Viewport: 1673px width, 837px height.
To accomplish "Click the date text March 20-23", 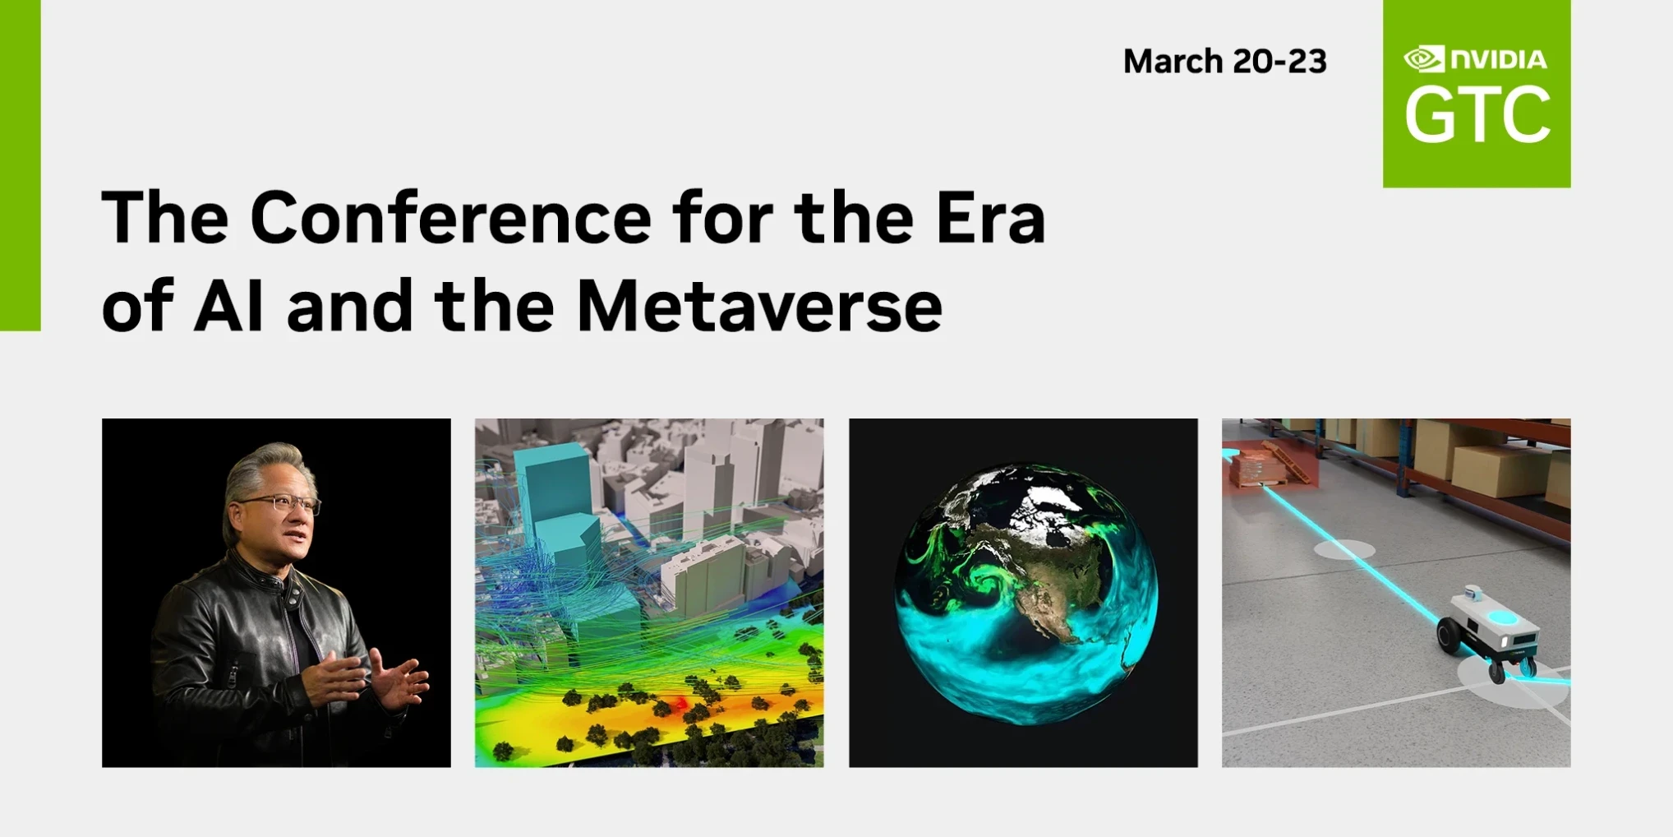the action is pos(1224,62).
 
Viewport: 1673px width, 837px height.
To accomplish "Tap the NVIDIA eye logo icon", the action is pos(1424,59).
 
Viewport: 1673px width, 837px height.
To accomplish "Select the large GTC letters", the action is pos(1477,115).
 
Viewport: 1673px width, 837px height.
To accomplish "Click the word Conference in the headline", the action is pos(450,217).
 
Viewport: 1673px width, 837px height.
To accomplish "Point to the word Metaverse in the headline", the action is pos(759,306).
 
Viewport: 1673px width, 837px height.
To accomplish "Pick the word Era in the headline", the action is pos(990,217).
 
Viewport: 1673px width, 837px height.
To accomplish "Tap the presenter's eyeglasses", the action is pos(283,503).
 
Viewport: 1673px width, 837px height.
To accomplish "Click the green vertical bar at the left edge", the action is pos(21,165).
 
